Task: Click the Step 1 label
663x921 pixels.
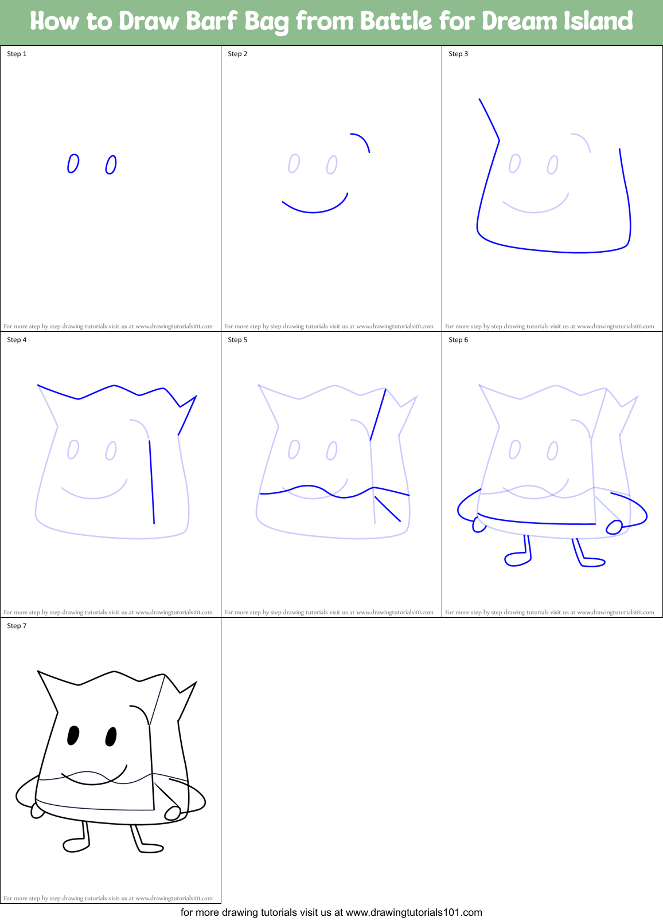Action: click(17, 54)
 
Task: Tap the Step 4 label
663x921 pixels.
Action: click(17, 340)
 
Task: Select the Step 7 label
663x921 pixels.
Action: click(17, 626)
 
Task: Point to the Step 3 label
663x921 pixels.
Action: click(458, 54)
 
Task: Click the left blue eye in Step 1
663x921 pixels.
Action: click(73, 163)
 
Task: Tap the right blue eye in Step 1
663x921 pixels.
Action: click(111, 164)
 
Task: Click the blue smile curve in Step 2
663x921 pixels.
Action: click(314, 210)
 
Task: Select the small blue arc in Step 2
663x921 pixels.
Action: click(363, 139)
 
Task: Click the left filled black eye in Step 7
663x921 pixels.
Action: click(73, 735)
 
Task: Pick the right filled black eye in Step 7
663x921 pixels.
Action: click(111, 736)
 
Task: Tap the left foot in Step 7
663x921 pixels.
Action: click(75, 845)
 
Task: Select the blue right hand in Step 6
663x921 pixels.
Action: click(614, 527)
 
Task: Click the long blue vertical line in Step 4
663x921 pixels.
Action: click(152, 481)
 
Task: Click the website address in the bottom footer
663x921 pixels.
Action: click(414, 912)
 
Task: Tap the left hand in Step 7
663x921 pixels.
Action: click(38, 810)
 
